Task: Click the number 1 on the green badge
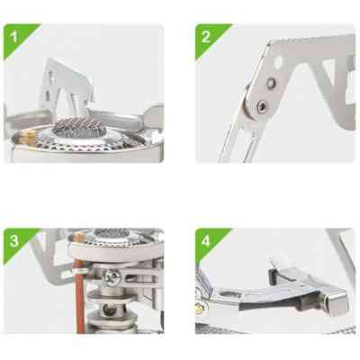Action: pos(13,37)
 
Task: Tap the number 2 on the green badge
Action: pos(206,37)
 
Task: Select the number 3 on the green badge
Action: pos(13,241)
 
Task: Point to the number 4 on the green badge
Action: pos(206,241)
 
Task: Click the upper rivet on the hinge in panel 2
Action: pos(272,83)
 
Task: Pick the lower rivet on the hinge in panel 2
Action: pos(261,105)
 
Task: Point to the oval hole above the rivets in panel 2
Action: pos(278,61)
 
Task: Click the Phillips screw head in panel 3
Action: pos(112,277)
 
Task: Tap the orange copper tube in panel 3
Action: pos(80,296)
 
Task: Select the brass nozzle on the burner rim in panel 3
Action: pos(79,236)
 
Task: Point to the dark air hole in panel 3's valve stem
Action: pos(110,310)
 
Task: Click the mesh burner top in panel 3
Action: pos(112,233)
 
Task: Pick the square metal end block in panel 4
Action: pos(335,301)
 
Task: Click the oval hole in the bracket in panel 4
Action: pos(229,295)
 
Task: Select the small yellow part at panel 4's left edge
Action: pos(198,309)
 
